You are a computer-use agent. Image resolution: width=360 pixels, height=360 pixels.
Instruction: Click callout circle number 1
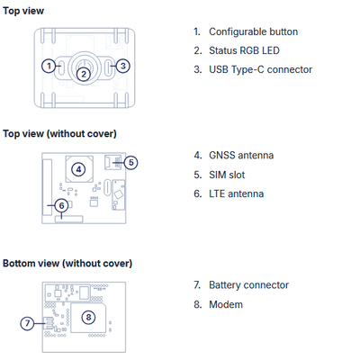click(49, 66)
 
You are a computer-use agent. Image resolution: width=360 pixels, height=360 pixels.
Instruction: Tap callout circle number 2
click(84, 74)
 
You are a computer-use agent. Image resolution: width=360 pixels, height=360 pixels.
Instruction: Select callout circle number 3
click(122, 66)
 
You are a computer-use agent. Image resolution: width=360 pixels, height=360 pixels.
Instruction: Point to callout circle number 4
click(78, 169)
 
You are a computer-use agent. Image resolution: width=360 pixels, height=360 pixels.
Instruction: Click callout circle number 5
click(130, 163)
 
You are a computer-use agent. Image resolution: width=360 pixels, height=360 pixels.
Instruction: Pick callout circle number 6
click(62, 205)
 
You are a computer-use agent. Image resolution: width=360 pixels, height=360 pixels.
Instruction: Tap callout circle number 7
click(28, 323)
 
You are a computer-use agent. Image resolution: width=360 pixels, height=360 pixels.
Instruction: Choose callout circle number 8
click(88, 318)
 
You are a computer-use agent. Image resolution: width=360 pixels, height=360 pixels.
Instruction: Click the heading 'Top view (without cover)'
click(59, 133)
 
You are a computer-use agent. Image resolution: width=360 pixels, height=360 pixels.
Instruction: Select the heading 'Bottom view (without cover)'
click(67, 264)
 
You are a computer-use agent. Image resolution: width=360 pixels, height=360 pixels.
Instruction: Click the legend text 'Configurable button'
click(254, 31)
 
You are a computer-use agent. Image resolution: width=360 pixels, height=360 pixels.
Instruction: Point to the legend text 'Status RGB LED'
click(244, 50)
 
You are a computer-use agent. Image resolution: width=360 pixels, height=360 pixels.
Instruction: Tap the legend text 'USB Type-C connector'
click(261, 69)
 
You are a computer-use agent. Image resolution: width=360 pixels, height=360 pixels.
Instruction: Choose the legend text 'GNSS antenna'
click(241, 156)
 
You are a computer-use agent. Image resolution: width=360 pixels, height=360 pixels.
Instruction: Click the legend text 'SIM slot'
click(227, 175)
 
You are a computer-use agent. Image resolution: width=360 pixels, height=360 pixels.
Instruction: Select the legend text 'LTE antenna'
click(237, 193)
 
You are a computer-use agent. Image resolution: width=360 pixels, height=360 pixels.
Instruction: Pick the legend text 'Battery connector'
click(249, 285)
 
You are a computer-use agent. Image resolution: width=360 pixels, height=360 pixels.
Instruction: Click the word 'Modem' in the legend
click(226, 304)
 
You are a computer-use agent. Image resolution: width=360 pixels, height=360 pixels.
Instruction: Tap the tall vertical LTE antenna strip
click(47, 187)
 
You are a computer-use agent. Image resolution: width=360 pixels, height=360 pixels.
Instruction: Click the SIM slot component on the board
click(113, 162)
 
